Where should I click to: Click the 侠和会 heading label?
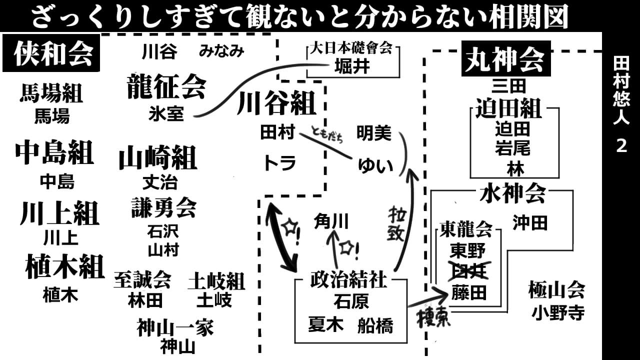pos(53,53)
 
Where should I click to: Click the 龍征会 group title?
pos(166,86)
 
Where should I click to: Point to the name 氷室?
pos(166,114)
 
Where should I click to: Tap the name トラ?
pos(280,163)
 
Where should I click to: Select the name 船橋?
pos(375,325)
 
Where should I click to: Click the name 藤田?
pos(468,292)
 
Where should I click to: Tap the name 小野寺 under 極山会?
pos(558,313)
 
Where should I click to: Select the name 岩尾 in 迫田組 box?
pos(512,148)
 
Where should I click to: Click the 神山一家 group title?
pos(175,328)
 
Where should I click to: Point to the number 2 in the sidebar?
pos(621,146)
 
